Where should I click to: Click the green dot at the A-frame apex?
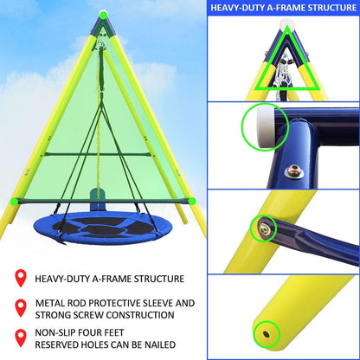pyautogui.click(x=103, y=14)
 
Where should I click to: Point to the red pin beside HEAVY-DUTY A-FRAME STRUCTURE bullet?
pyautogui.click(x=18, y=278)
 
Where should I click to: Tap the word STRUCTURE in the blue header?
pyautogui.click(x=328, y=10)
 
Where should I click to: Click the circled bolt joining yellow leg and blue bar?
pyautogui.click(x=261, y=229)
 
